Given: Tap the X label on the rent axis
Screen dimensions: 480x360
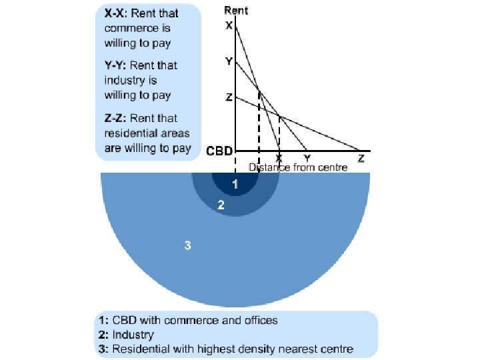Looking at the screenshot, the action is [x=229, y=26].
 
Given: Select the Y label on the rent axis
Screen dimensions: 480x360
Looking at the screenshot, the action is [x=229, y=61].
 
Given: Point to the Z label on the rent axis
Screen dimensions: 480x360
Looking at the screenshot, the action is [x=229, y=97].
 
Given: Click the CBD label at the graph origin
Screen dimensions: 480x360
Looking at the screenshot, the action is [x=219, y=151].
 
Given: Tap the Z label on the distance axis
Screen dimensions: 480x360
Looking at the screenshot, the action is [x=361, y=159].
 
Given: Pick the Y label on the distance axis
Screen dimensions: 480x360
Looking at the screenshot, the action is [x=307, y=159].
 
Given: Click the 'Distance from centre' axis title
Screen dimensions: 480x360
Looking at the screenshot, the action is [x=298, y=168].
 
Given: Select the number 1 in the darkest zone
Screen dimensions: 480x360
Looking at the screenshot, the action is [x=234, y=183].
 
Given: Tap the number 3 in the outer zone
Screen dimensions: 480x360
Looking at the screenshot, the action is [x=188, y=245].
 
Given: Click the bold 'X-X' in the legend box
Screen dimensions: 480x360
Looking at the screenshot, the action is [x=117, y=13].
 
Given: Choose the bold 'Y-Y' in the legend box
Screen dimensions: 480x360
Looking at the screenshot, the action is [x=117, y=65].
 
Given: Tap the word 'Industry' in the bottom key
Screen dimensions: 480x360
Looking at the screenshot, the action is [x=133, y=334].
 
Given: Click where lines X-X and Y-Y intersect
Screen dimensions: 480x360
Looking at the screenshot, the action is [x=258, y=89].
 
